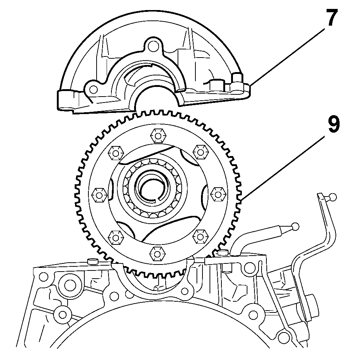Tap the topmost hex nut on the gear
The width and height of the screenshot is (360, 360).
click(x=158, y=136)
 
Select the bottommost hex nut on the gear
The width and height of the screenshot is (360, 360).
click(x=158, y=254)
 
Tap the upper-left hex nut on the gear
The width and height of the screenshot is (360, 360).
click(x=116, y=153)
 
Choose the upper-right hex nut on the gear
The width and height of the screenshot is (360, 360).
click(x=201, y=152)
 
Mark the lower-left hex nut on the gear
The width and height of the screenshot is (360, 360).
click(x=116, y=237)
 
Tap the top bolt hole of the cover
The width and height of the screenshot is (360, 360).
click(x=152, y=46)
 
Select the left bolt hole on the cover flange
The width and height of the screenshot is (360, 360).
click(x=93, y=89)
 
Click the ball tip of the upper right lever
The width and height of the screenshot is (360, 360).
click(x=333, y=197)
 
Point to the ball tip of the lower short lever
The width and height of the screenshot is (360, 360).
click(x=295, y=226)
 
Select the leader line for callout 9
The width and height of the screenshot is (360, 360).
click(x=283, y=168)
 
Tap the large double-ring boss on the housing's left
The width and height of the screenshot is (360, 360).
click(x=67, y=286)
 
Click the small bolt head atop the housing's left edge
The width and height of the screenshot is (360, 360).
click(x=93, y=261)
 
